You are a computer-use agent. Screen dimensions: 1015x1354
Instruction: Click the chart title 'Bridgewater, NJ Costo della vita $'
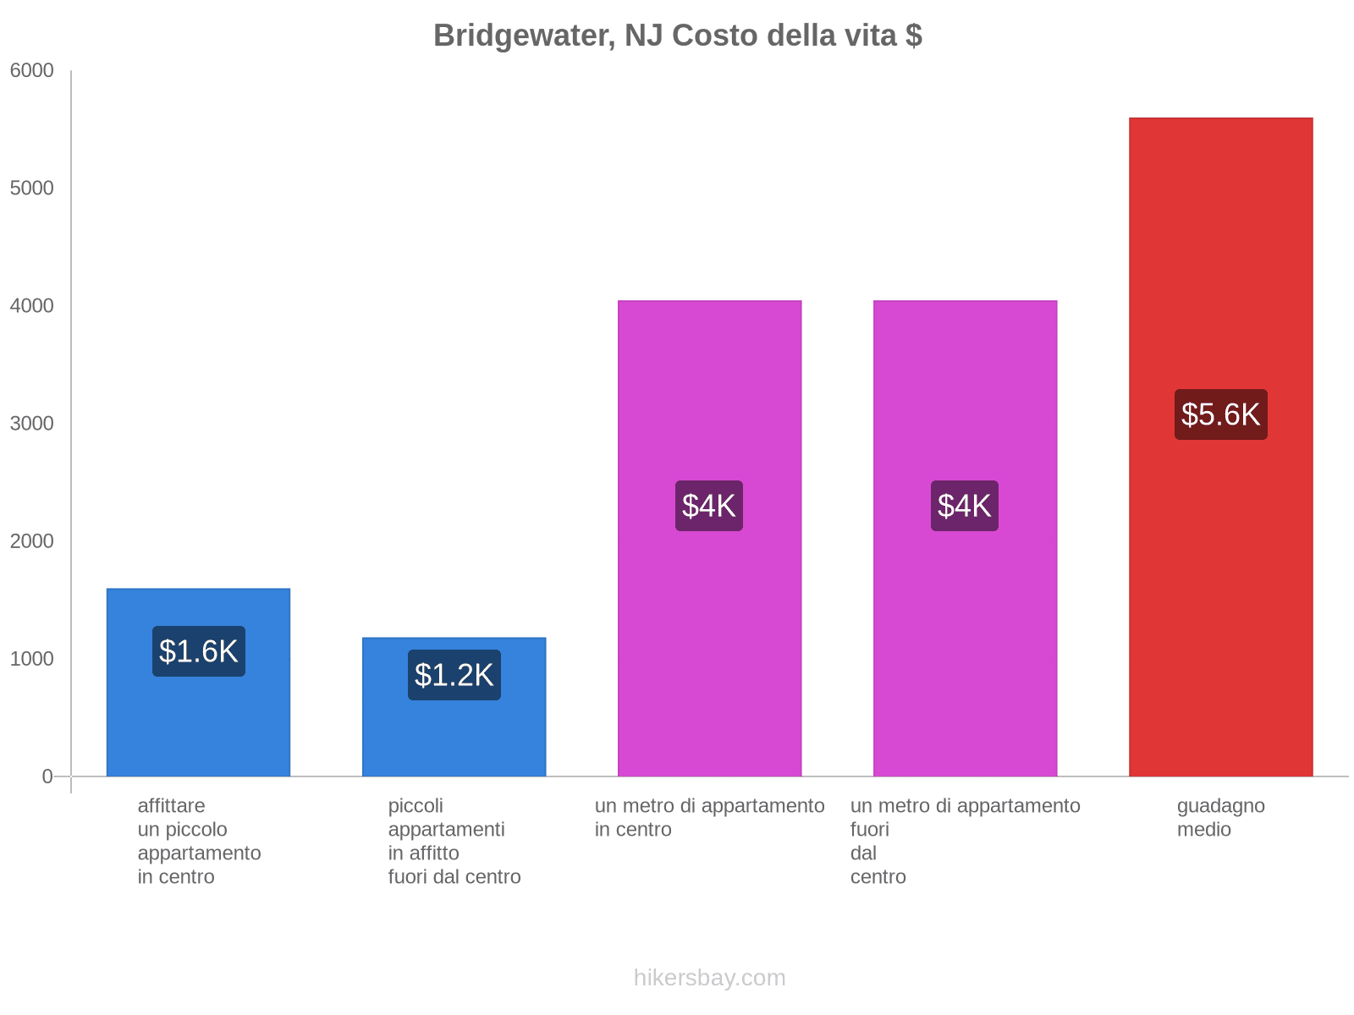pos(677,36)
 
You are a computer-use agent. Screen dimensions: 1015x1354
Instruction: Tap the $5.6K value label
pos(1220,414)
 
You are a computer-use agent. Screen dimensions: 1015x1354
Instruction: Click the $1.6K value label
pos(199,651)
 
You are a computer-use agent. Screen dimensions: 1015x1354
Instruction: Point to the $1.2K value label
pos(454,675)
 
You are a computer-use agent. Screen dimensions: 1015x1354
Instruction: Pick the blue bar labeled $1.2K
pos(454,736)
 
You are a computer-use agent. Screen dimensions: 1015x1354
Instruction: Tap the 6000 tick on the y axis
pos(31,71)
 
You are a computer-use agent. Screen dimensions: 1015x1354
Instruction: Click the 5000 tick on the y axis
pos(31,189)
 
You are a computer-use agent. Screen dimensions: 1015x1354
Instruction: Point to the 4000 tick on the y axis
pos(31,306)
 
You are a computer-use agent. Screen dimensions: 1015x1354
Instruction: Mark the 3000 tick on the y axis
pos(31,424)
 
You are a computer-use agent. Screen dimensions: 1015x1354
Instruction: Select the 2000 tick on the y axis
pos(31,541)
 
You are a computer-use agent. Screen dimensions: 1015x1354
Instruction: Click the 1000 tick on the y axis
pos(31,659)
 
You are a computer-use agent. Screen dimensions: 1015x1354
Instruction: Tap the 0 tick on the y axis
pos(47,776)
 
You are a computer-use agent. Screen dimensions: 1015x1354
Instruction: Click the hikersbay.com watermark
pos(709,978)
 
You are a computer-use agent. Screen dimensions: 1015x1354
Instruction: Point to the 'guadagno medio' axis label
pos(1220,818)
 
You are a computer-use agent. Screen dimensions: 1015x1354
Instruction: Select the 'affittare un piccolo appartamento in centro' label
pos(199,841)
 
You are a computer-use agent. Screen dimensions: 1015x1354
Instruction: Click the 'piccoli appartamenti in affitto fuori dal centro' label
pos(454,841)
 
